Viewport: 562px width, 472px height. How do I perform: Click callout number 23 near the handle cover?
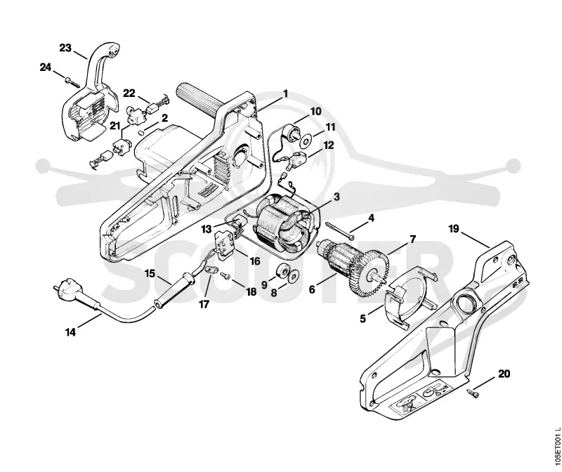click(65, 48)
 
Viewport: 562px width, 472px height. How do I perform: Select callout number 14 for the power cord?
click(71, 332)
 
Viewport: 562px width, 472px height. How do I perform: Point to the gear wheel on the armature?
click(374, 273)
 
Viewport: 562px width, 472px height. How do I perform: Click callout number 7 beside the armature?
click(413, 239)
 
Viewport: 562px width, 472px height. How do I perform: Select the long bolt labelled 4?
click(340, 231)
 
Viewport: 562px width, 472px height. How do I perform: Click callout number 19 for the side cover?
click(454, 229)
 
